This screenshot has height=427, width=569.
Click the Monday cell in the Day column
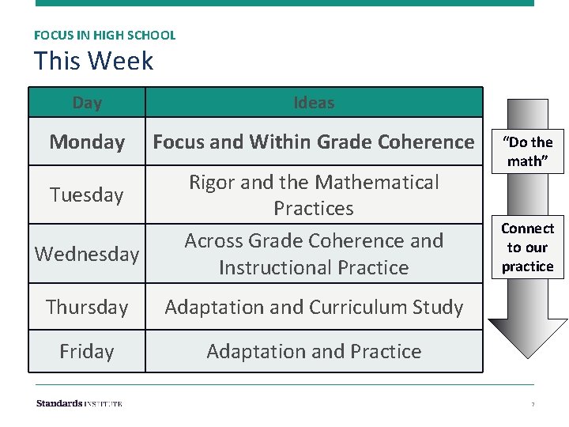pyautogui.click(x=87, y=142)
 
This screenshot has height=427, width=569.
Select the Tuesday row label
pyautogui.click(x=87, y=195)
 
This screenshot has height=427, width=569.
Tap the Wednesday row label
pyautogui.click(x=87, y=254)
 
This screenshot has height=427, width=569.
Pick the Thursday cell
pyautogui.click(x=87, y=307)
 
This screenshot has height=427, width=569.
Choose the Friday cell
pyautogui.click(x=87, y=351)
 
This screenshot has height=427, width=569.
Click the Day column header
pyautogui.click(x=87, y=103)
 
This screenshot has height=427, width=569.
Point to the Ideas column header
pyautogui.click(x=314, y=103)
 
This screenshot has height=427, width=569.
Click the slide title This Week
pyautogui.click(x=93, y=61)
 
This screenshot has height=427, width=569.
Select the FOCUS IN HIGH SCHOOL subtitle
pyautogui.click(x=104, y=36)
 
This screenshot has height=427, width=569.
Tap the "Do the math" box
pyautogui.click(x=528, y=151)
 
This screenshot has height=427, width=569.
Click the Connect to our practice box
pyautogui.click(x=527, y=248)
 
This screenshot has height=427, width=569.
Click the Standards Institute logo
pyautogui.click(x=79, y=403)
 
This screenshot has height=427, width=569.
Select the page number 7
pyautogui.click(x=533, y=405)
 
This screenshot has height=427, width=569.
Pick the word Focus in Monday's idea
pyautogui.click(x=178, y=142)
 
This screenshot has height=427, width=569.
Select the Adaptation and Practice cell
pyautogui.click(x=314, y=351)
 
